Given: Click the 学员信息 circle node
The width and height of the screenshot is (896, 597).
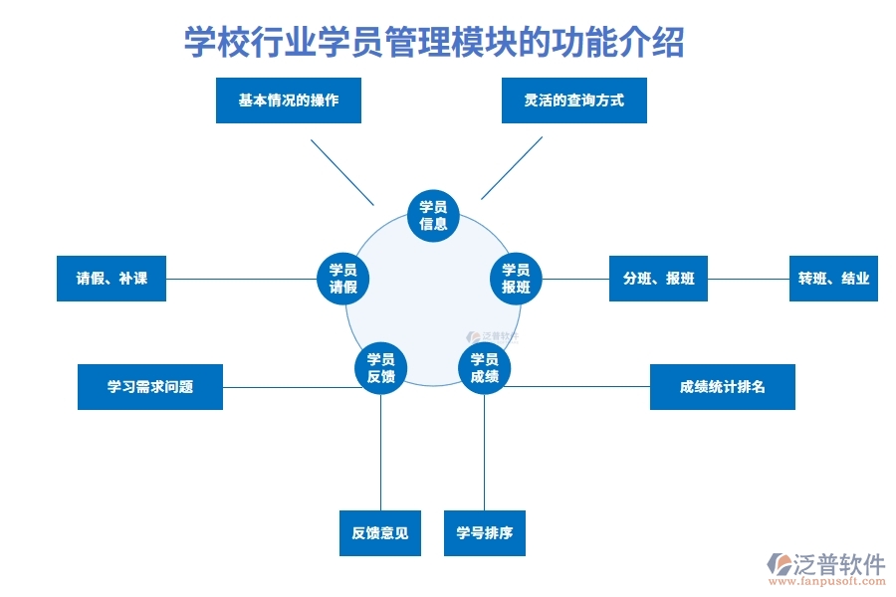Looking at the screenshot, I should click(433, 215).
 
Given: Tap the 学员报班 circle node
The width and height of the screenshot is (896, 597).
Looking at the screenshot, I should click(516, 279).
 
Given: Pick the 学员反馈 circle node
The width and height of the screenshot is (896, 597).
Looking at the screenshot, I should click(380, 368).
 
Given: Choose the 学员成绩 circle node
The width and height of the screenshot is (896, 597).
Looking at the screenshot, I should click(484, 368).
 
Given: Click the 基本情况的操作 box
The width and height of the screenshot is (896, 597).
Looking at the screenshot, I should click(289, 100).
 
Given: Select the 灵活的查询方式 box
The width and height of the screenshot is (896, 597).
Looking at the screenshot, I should click(574, 100).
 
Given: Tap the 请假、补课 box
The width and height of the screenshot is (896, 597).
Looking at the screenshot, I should click(112, 279).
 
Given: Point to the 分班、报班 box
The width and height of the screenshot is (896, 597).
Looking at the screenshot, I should click(658, 279).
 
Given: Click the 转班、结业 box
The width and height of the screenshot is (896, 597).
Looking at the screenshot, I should click(833, 279).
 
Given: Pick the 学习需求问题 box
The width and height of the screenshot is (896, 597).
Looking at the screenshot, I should click(150, 387).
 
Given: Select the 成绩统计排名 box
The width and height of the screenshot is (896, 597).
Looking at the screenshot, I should click(722, 387).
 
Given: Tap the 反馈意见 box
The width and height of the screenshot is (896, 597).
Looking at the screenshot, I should click(379, 533).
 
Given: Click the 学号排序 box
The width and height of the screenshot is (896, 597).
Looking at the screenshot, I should click(484, 533).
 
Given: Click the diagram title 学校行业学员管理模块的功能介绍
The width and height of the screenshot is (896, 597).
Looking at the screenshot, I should click(434, 43).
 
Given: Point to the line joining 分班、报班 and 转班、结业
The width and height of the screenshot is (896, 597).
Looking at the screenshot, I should click(748, 279).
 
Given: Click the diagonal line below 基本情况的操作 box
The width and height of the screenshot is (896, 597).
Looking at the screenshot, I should click(341, 171).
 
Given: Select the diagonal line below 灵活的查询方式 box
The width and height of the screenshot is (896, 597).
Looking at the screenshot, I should click(512, 168).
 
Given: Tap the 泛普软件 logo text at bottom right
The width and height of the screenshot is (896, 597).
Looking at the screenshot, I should click(839, 564).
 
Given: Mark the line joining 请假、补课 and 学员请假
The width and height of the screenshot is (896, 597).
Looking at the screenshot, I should click(239, 279).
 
